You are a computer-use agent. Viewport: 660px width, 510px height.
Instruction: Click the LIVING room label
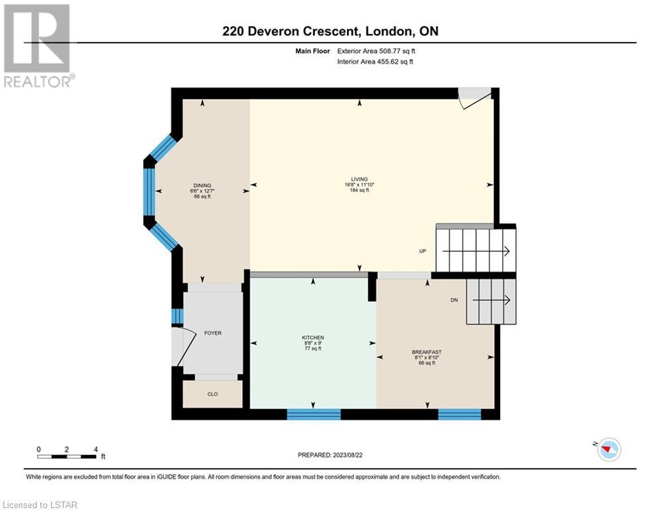click(359, 179)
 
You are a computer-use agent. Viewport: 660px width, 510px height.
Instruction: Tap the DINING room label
click(202, 185)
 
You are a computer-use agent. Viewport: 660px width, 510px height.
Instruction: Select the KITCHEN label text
click(312, 337)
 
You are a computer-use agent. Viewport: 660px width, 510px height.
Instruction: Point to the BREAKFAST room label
click(427, 352)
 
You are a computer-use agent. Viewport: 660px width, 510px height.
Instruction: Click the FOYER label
click(212, 333)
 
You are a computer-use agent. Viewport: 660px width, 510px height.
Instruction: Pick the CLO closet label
click(212, 394)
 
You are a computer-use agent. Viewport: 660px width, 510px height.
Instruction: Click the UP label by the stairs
click(423, 251)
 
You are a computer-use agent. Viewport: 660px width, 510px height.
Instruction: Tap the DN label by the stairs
click(454, 300)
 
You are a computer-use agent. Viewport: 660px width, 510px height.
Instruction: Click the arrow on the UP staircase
click(476, 251)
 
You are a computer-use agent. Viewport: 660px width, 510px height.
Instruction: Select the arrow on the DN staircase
click(492, 300)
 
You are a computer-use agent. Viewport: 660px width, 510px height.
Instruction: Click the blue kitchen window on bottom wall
click(314, 414)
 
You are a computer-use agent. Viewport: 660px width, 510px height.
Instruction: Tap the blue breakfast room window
click(459, 414)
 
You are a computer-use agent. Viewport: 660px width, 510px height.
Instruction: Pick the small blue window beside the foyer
click(177, 317)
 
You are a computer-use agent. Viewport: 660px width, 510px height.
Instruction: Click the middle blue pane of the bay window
click(149, 192)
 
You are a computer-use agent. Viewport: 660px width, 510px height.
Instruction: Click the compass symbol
click(608, 450)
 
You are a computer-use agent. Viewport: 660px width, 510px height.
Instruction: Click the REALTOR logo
click(38, 46)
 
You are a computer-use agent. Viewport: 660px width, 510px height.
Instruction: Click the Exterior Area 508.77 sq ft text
click(376, 51)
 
